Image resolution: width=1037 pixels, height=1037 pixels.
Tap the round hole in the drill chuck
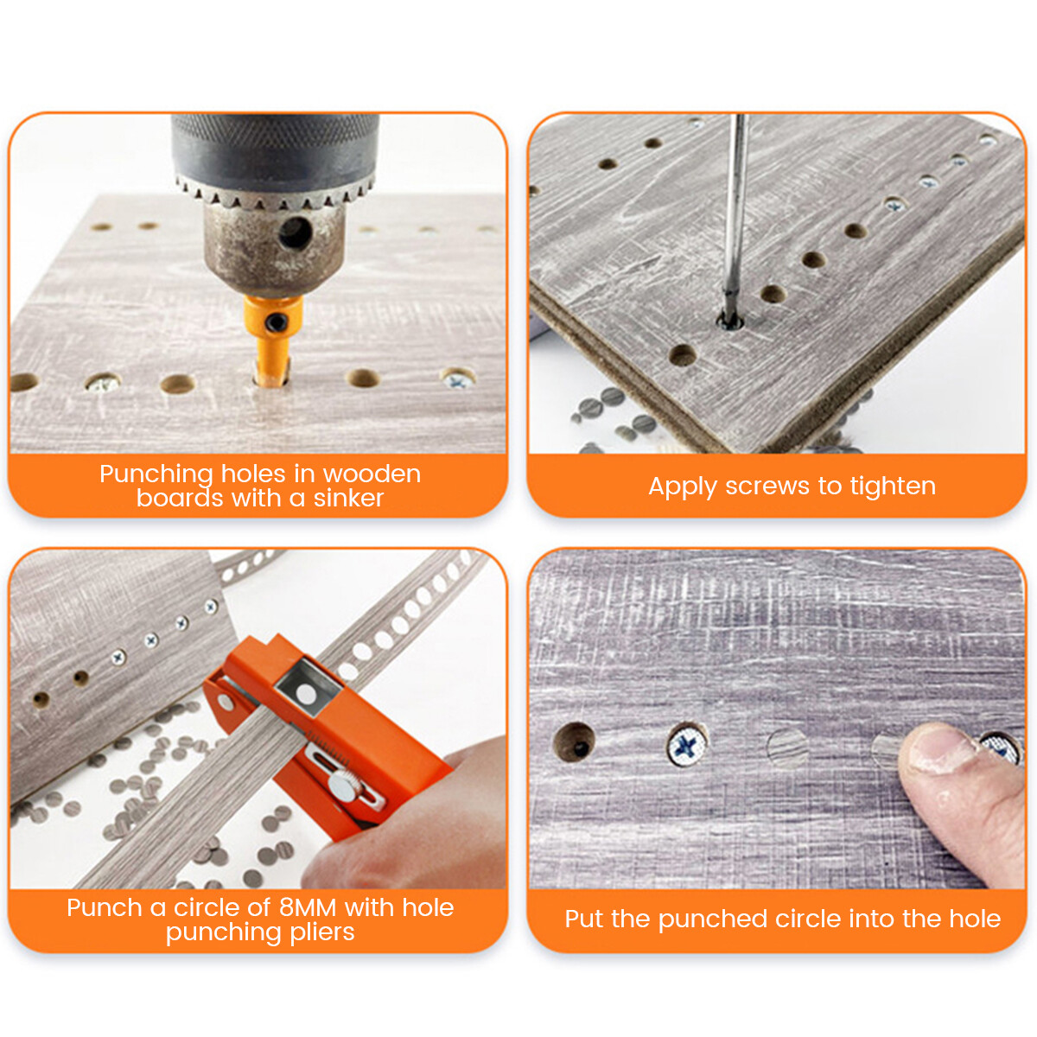click(x=295, y=232)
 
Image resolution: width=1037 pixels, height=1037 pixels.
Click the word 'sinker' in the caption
click(x=348, y=499)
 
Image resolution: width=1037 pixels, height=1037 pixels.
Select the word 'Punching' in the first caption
click(x=156, y=474)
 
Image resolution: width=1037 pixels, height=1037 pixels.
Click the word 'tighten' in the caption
click(x=893, y=487)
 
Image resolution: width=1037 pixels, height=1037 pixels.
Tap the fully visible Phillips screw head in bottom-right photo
click(x=688, y=745)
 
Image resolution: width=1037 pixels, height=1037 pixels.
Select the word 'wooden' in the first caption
click(x=372, y=474)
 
